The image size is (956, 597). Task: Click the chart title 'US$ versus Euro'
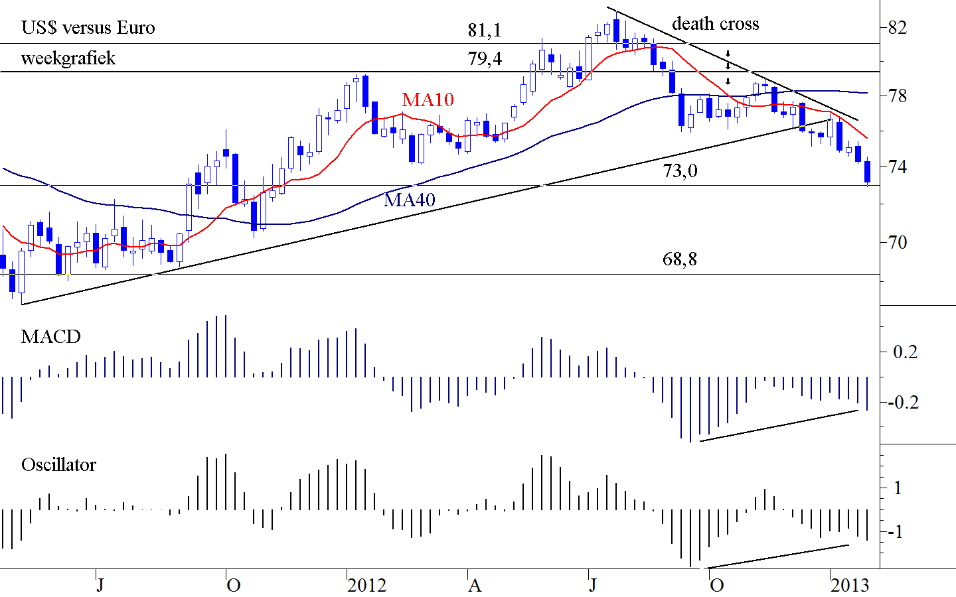pyautogui.click(x=88, y=28)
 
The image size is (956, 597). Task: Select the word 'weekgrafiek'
pyautogui.click(x=68, y=58)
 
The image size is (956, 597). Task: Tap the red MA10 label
pyautogui.click(x=428, y=99)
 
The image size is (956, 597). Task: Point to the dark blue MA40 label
pyautogui.click(x=410, y=199)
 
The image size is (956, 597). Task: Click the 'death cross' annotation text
pyautogui.click(x=715, y=24)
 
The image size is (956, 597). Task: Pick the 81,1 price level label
pyautogui.click(x=485, y=30)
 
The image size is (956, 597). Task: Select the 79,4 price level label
pyautogui.click(x=485, y=58)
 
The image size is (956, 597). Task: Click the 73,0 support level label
pyautogui.click(x=680, y=171)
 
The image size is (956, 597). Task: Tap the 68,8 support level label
pyautogui.click(x=680, y=259)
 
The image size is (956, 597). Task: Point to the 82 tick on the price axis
pyautogui.click(x=897, y=28)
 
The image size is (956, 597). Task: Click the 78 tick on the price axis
pyautogui.click(x=897, y=97)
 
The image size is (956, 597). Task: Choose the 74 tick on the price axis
pyautogui.click(x=897, y=167)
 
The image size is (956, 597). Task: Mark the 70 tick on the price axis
pyautogui.click(x=897, y=243)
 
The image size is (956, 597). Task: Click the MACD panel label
pyautogui.click(x=51, y=337)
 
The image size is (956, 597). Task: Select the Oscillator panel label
pyautogui.click(x=58, y=464)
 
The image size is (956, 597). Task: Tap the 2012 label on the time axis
pyautogui.click(x=366, y=585)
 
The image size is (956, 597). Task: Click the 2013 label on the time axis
pyautogui.click(x=850, y=585)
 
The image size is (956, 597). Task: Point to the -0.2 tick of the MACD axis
pyautogui.click(x=906, y=403)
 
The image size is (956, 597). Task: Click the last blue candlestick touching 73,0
pyautogui.click(x=867, y=172)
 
